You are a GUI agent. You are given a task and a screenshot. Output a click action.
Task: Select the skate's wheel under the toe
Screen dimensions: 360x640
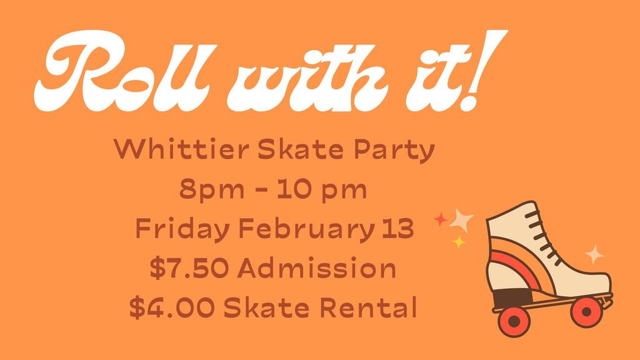tap(586, 310)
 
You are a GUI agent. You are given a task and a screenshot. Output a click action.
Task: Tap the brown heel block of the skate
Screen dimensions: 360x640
tap(510, 299)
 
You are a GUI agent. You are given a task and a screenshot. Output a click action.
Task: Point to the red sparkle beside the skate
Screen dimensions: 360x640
tap(441, 219)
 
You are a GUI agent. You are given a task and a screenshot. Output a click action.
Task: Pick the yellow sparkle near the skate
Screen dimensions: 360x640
tap(459, 242)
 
